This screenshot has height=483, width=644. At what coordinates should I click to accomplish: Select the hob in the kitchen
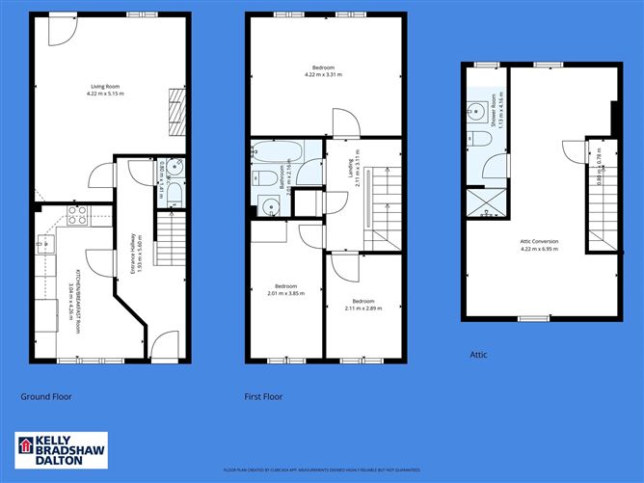(76, 214)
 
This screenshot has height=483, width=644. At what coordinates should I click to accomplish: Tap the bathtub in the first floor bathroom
(275, 152)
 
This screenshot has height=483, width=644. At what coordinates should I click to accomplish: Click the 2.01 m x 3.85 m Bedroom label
(285, 290)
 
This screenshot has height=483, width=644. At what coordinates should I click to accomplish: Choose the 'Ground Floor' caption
(46, 396)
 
